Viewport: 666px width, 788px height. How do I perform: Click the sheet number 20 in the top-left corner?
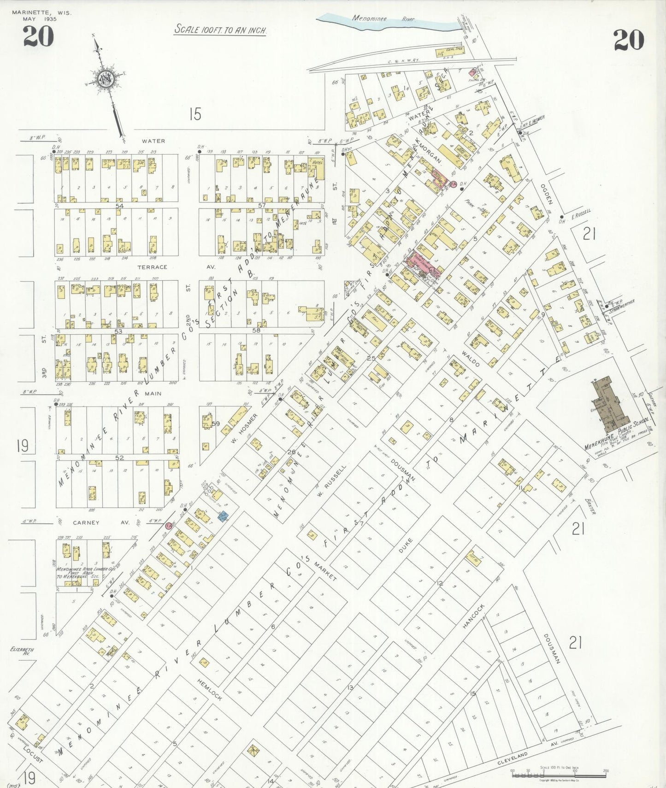coord(39,36)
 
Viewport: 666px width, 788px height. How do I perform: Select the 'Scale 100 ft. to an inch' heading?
coord(220,30)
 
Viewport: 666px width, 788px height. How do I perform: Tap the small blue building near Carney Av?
coord(223,516)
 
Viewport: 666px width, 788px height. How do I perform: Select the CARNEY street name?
coord(86,523)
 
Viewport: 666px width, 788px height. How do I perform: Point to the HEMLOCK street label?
coord(210,690)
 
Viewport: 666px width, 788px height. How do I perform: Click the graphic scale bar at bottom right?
coord(559,775)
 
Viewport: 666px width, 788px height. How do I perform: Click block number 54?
coord(120,205)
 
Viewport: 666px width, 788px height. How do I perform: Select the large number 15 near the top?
coord(195,113)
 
